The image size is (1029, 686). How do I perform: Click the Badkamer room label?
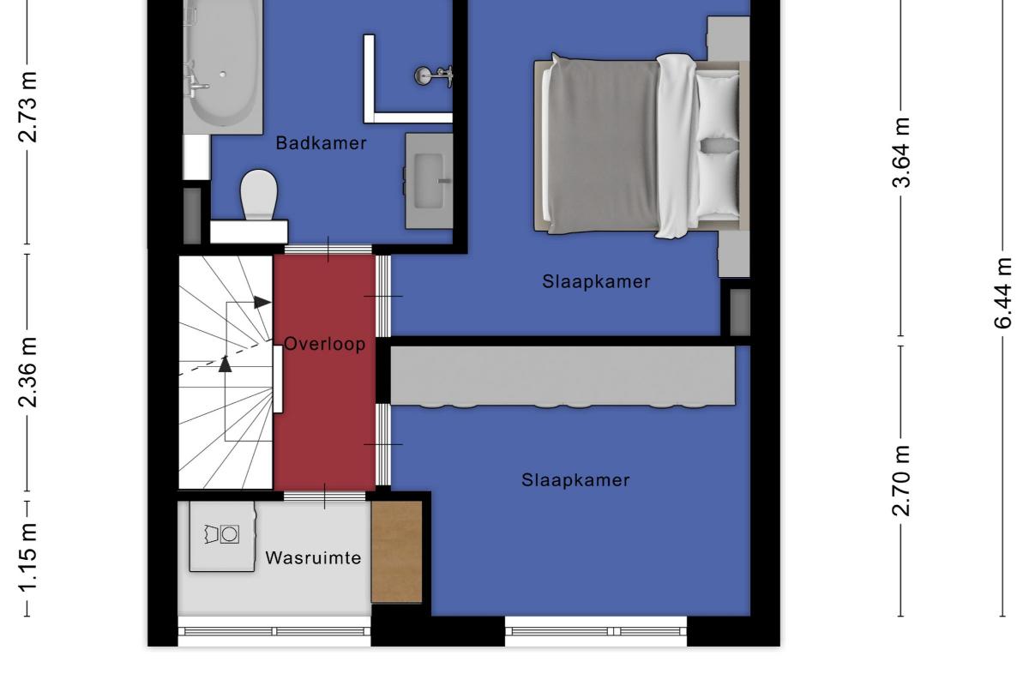(x=321, y=143)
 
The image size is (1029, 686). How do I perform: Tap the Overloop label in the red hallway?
(x=325, y=344)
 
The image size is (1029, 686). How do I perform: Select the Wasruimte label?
(x=313, y=558)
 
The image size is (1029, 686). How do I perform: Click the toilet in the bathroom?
(x=259, y=195)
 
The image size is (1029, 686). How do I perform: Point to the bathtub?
(x=223, y=64)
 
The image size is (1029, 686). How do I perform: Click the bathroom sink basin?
(x=429, y=181)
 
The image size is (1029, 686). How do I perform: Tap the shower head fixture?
(x=433, y=75)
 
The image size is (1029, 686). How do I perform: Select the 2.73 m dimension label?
(x=27, y=106)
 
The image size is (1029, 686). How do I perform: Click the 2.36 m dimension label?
(x=27, y=372)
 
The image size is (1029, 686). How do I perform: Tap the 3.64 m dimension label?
(x=901, y=153)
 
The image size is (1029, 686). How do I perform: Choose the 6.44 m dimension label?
(x=1002, y=293)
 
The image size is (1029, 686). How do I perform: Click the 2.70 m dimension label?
(x=901, y=480)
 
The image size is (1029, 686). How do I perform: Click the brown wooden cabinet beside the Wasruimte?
(x=397, y=551)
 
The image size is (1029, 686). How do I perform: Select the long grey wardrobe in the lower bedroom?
(x=563, y=376)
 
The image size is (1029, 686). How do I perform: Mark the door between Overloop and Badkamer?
(x=328, y=249)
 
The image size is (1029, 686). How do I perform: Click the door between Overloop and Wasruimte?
(x=325, y=496)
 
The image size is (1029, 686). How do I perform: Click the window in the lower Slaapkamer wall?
(x=596, y=631)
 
